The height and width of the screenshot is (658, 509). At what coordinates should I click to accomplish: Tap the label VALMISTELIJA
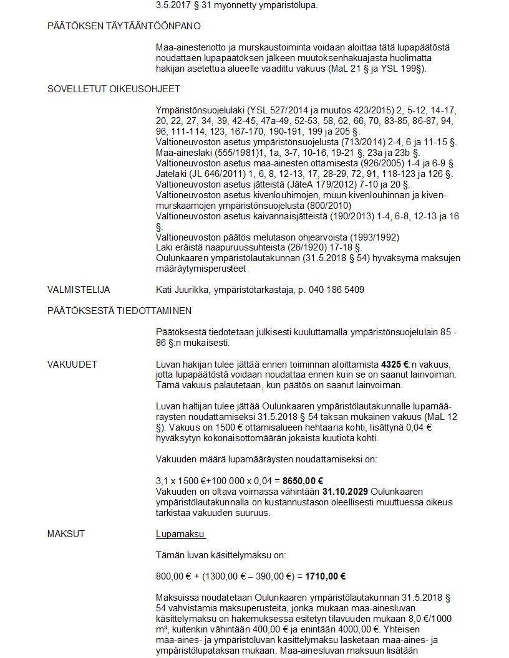pos(79,290)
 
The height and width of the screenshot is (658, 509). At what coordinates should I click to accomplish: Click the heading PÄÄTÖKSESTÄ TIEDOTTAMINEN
pos(119,310)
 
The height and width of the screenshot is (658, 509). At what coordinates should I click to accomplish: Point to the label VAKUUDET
pos(72,365)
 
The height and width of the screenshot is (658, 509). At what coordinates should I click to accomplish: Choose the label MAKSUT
pos(66,534)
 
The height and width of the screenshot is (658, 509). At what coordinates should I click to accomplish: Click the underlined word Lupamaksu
pos(180,534)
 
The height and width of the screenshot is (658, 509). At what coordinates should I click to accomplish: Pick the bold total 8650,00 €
pos(303,480)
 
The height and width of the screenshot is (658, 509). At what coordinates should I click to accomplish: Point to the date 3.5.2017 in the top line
pos(175,6)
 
